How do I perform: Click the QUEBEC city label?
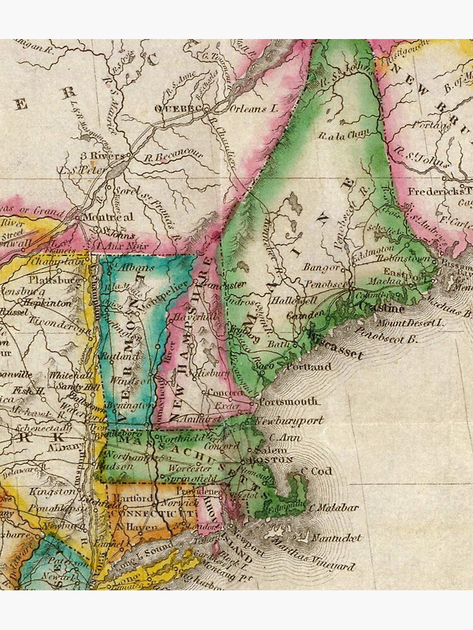tap(176, 108)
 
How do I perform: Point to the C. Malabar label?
tap(337, 507)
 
